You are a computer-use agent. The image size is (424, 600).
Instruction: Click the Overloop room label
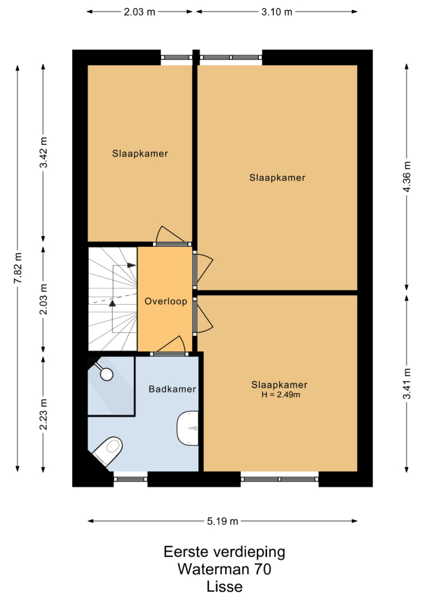click(x=166, y=301)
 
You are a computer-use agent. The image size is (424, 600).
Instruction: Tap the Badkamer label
click(x=172, y=389)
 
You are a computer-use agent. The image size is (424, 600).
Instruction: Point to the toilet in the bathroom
click(x=108, y=451)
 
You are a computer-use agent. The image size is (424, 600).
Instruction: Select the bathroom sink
click(x=188, y=428)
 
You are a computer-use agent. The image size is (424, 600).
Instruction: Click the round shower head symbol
click(x=107, y=374)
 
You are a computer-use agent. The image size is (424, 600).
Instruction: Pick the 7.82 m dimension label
click(x=18, y=268)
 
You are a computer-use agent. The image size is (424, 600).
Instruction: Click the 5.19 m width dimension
click(x=222, y=521)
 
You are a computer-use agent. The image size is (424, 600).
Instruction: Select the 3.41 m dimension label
click(x=406, y=384)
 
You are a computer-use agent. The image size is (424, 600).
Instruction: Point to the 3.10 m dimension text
click(x=276, y=12)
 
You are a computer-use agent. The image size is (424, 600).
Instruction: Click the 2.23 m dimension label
click(x=44, y=414)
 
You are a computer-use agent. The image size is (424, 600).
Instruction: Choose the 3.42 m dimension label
click(x=44, y=152)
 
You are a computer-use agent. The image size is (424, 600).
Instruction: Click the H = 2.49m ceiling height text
click(x=281, y=394)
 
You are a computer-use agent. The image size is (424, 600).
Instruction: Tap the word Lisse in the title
click(x=224, y=587)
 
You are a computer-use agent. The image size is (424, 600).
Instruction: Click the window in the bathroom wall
click(x=131, y=479)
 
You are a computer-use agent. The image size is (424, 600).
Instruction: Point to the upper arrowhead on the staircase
click(x=131, y=265)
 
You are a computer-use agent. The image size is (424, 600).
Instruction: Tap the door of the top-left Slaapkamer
click(x=172, y=244)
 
